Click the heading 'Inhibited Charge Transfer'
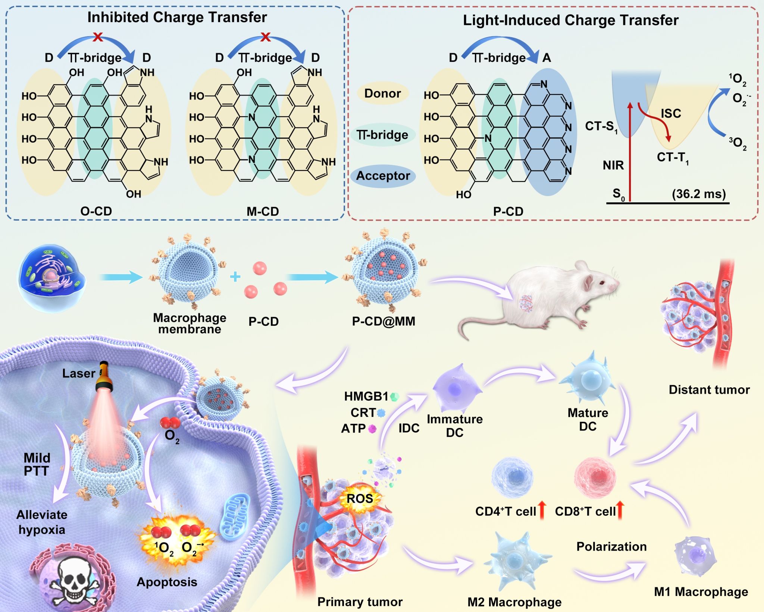[177, 18]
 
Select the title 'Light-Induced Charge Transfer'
[570, 20]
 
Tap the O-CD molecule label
[96, 211]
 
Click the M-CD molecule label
[263, 211]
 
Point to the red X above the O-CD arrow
[98, 37]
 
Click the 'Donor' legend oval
[382, 93]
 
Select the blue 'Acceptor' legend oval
[383, 176]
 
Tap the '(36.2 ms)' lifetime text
[699, 194]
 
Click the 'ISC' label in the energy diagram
[671, 113]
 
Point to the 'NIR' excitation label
[613, 165]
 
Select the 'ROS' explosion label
[360, 499]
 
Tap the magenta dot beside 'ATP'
[372, 429]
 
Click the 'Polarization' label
[611, 546]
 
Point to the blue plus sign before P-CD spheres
[235, 277]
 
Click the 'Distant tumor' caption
[709, 390]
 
